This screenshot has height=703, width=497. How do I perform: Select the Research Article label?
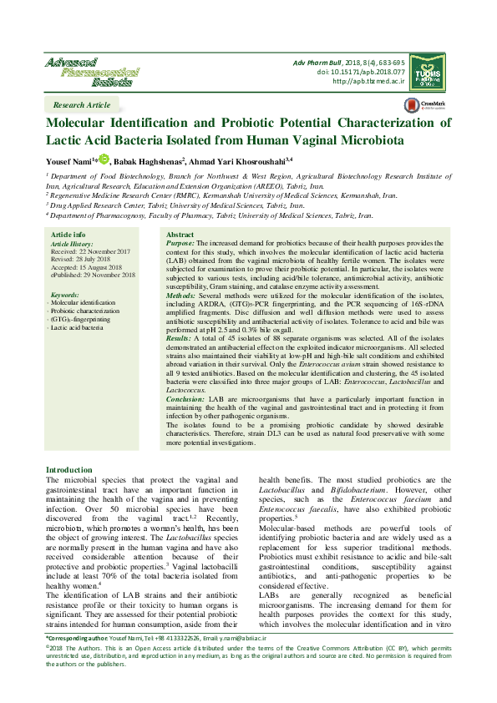[81, 105]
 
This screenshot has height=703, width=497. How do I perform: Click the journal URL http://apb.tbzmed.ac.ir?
[368, 81]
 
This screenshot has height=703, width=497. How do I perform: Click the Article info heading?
[68, 235]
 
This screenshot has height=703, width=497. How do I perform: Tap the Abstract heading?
[180, 235]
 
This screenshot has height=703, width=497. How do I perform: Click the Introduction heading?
[69, 470]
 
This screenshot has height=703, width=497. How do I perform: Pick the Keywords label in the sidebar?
[64, 296]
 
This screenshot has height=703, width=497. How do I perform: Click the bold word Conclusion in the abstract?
[185, 400]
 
